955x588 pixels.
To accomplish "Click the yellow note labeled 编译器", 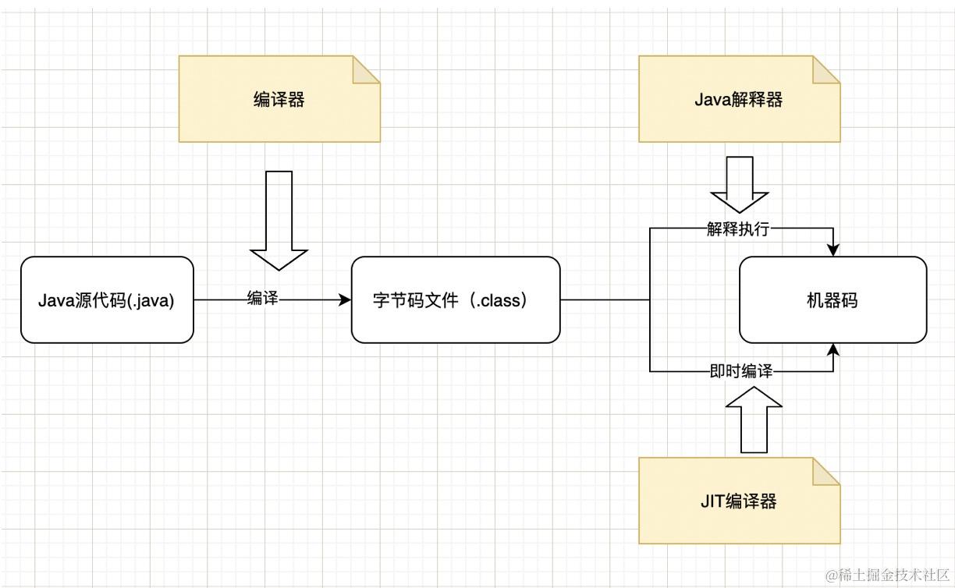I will point(279,99).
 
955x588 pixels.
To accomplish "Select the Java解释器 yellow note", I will point(739,99).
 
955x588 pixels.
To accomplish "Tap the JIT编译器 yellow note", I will point(739,501).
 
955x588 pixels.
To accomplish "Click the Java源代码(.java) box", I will point(107,299).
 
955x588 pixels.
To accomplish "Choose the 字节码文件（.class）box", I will point(456,299).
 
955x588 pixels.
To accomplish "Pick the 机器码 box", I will point(833,299).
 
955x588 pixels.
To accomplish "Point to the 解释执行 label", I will point(738,229).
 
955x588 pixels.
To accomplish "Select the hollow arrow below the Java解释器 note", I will point(739,186).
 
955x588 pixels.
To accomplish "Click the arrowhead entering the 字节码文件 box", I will point(346,299).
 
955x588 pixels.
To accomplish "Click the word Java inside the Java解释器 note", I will point(710,100).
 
